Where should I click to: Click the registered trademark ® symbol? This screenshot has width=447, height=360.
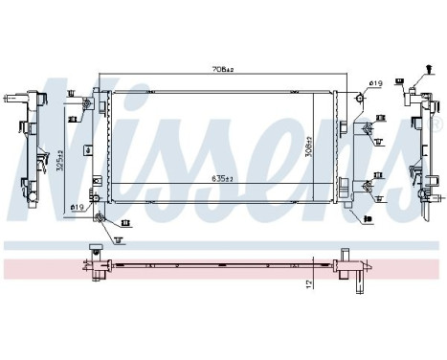coord(438,123)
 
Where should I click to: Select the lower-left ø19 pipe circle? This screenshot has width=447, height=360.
coord(97,216)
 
